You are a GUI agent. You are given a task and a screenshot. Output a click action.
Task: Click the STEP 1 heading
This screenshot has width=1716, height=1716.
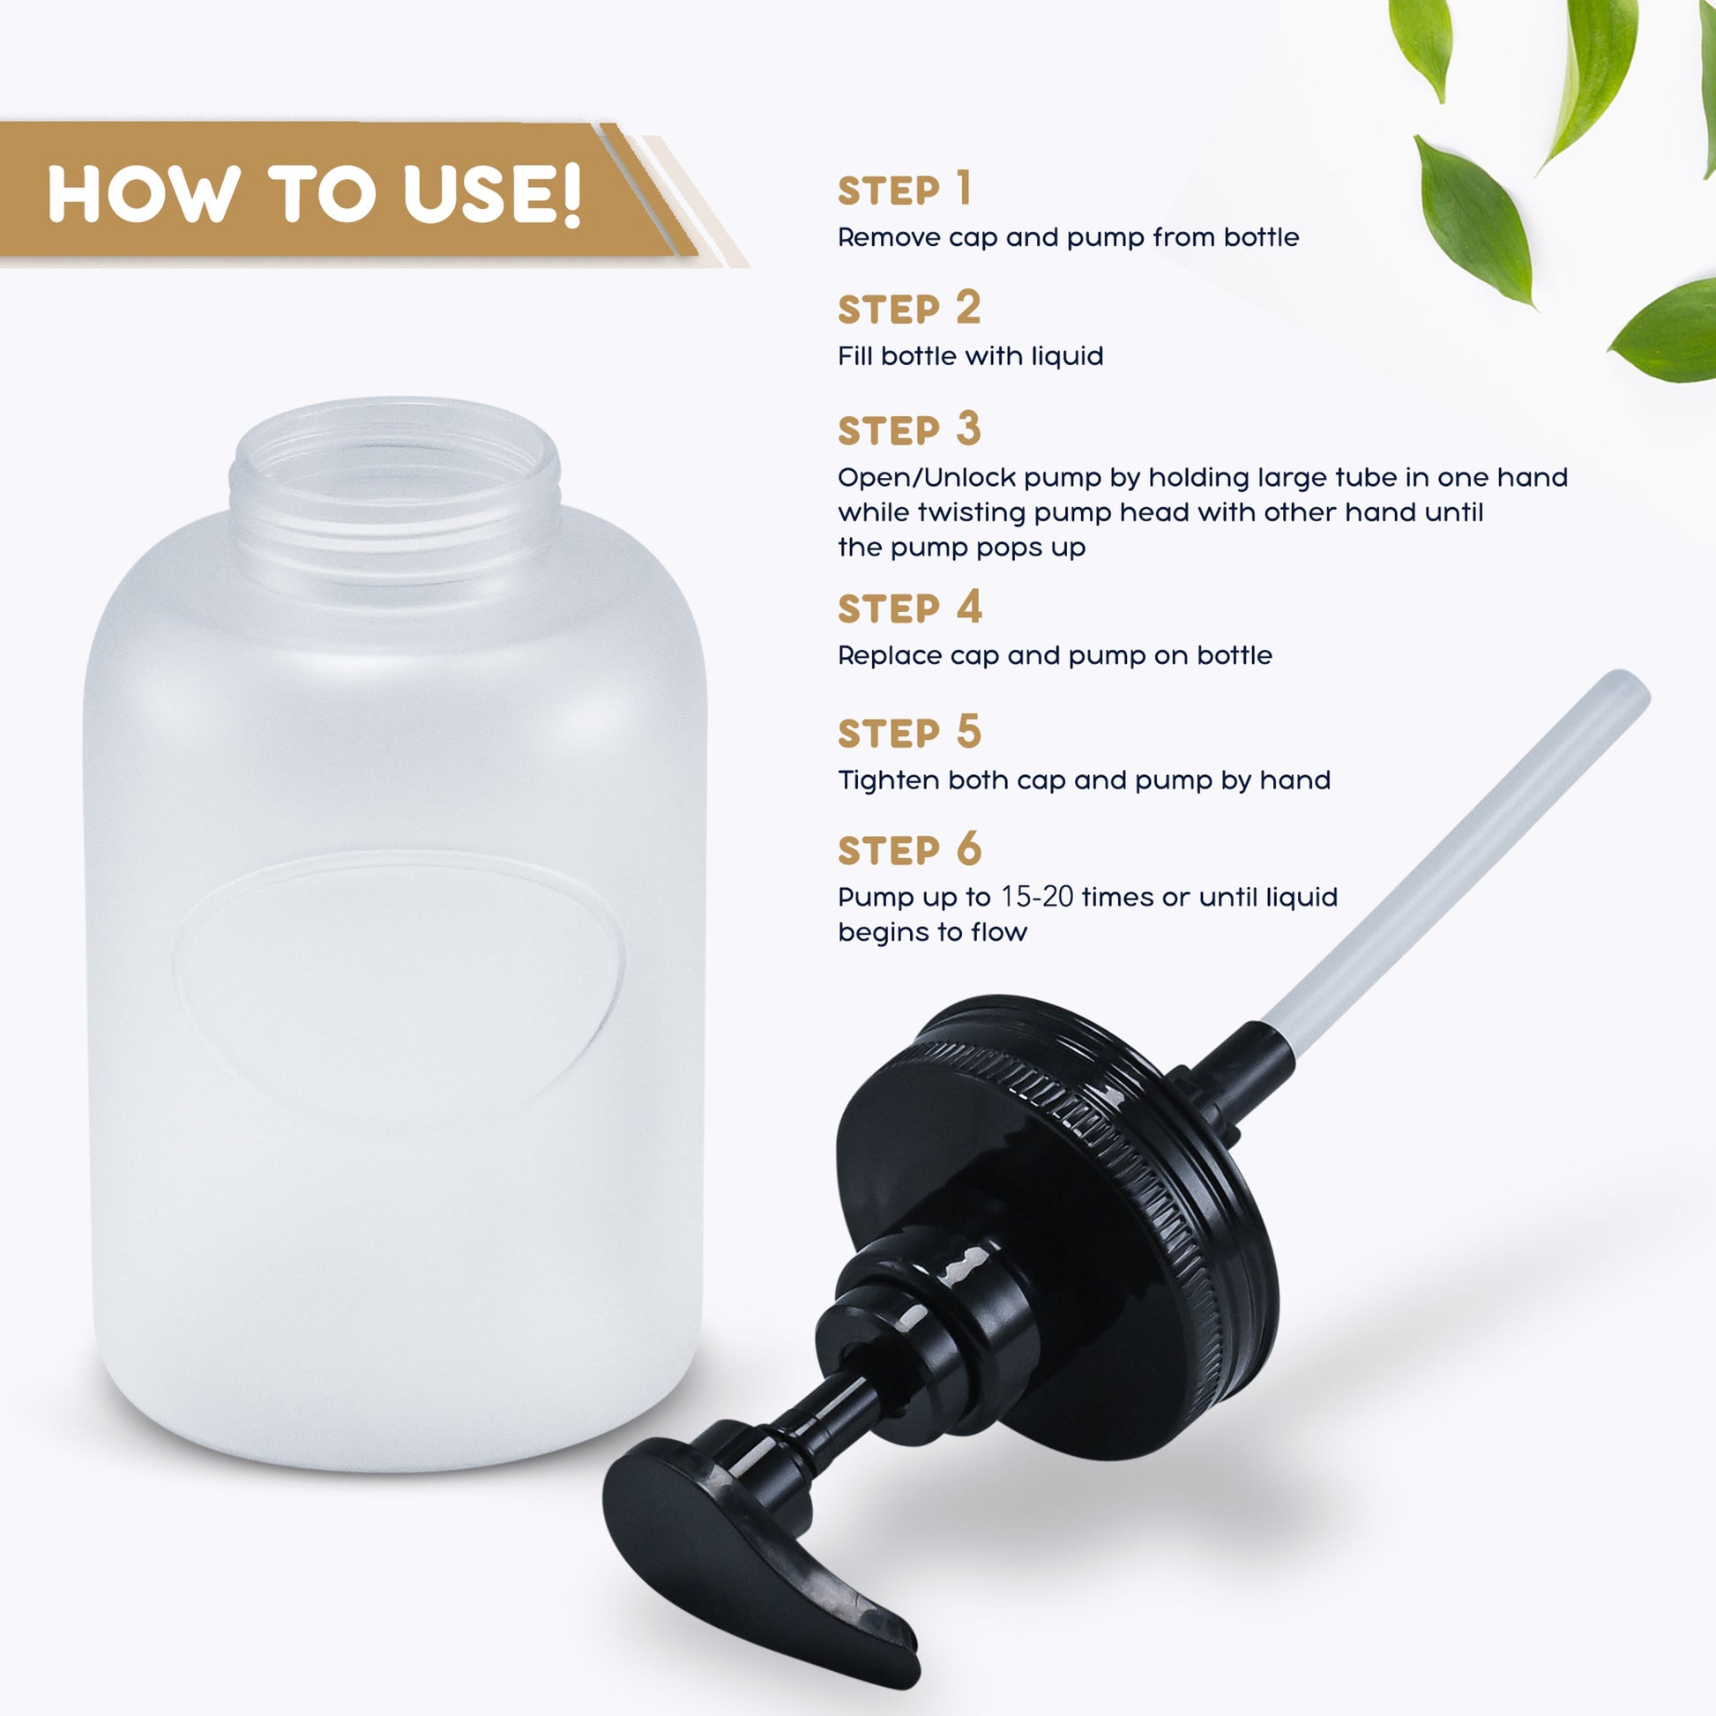click(904, 190)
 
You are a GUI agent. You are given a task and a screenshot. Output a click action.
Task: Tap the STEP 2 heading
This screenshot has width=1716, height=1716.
click(909, 309)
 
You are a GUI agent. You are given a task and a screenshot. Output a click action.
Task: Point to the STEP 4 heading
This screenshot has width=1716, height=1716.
click(910, 608)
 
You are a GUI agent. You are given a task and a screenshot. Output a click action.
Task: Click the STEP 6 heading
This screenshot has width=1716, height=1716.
click(909, 849)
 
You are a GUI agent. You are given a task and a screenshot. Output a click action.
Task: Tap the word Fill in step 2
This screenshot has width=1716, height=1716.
click(855, 356)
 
